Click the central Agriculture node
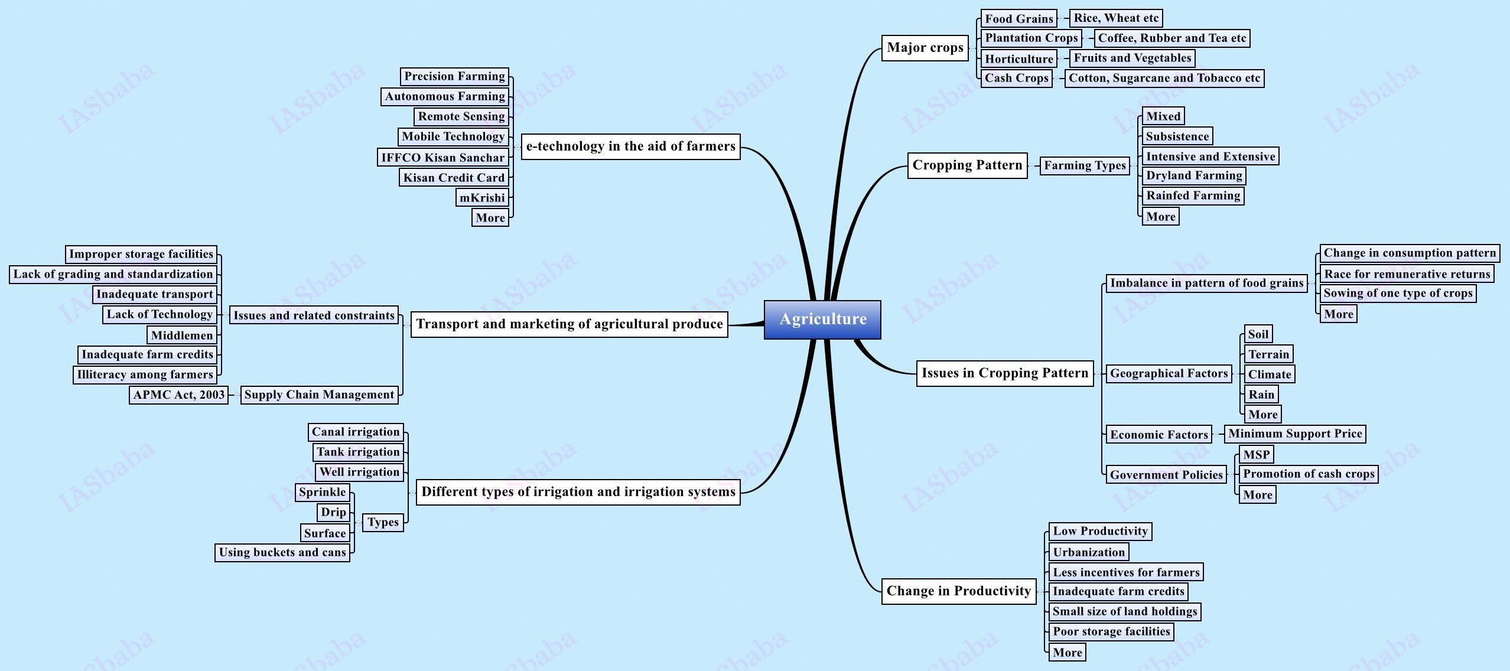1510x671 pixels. [x=822, y=320]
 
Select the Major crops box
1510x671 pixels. [x=925, y=48]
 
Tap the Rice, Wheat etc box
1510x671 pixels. [x=1116, y=18]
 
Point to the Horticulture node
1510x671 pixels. [x=1018, y=58]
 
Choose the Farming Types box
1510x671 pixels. [x=1085, y=165]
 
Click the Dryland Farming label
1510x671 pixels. [x=1194, y=175]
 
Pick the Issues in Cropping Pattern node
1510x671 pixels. [x=1004, y=373]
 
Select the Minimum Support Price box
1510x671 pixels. [x=1295, y=434]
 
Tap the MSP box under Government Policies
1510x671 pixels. [x=1256, y=454]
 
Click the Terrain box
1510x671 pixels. [x=1268, y=354]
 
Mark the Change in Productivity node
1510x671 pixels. [x=958, y=591]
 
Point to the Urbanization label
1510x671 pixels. [x=1089, y=552]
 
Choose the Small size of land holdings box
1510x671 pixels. [x=1125, y=611]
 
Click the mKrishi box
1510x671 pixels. [x=482, y=198]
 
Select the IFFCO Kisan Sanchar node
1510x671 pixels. [x=442, y=158]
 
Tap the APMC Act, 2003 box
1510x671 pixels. [x=178, y=395]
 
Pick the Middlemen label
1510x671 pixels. [x=181, y=335]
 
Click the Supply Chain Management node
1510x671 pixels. [x=319, y=395]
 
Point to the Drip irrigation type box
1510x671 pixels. [x=333, y=512]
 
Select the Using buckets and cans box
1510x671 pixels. [x=282, y=552]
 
